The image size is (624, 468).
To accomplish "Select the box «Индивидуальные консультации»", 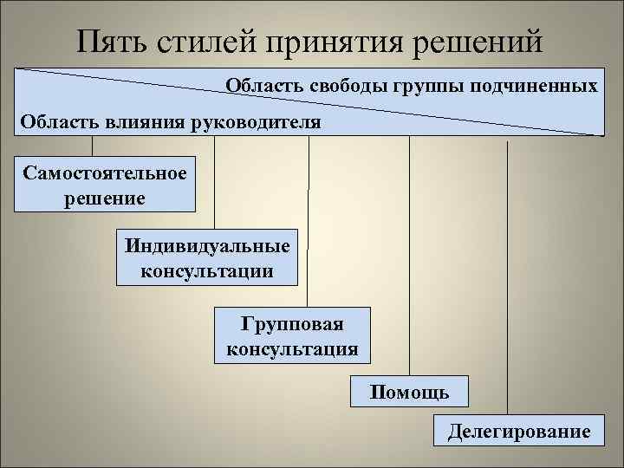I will coord(207,257).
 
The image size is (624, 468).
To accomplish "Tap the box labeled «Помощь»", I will coord(409,392).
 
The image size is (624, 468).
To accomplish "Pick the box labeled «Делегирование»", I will coord(518,431).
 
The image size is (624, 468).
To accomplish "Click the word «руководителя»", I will coord(260,121).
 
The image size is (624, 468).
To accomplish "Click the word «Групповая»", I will coord(292,323).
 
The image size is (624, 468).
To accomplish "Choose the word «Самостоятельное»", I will coord(105,172).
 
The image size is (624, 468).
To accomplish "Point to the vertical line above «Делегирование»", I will coord(507,277).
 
